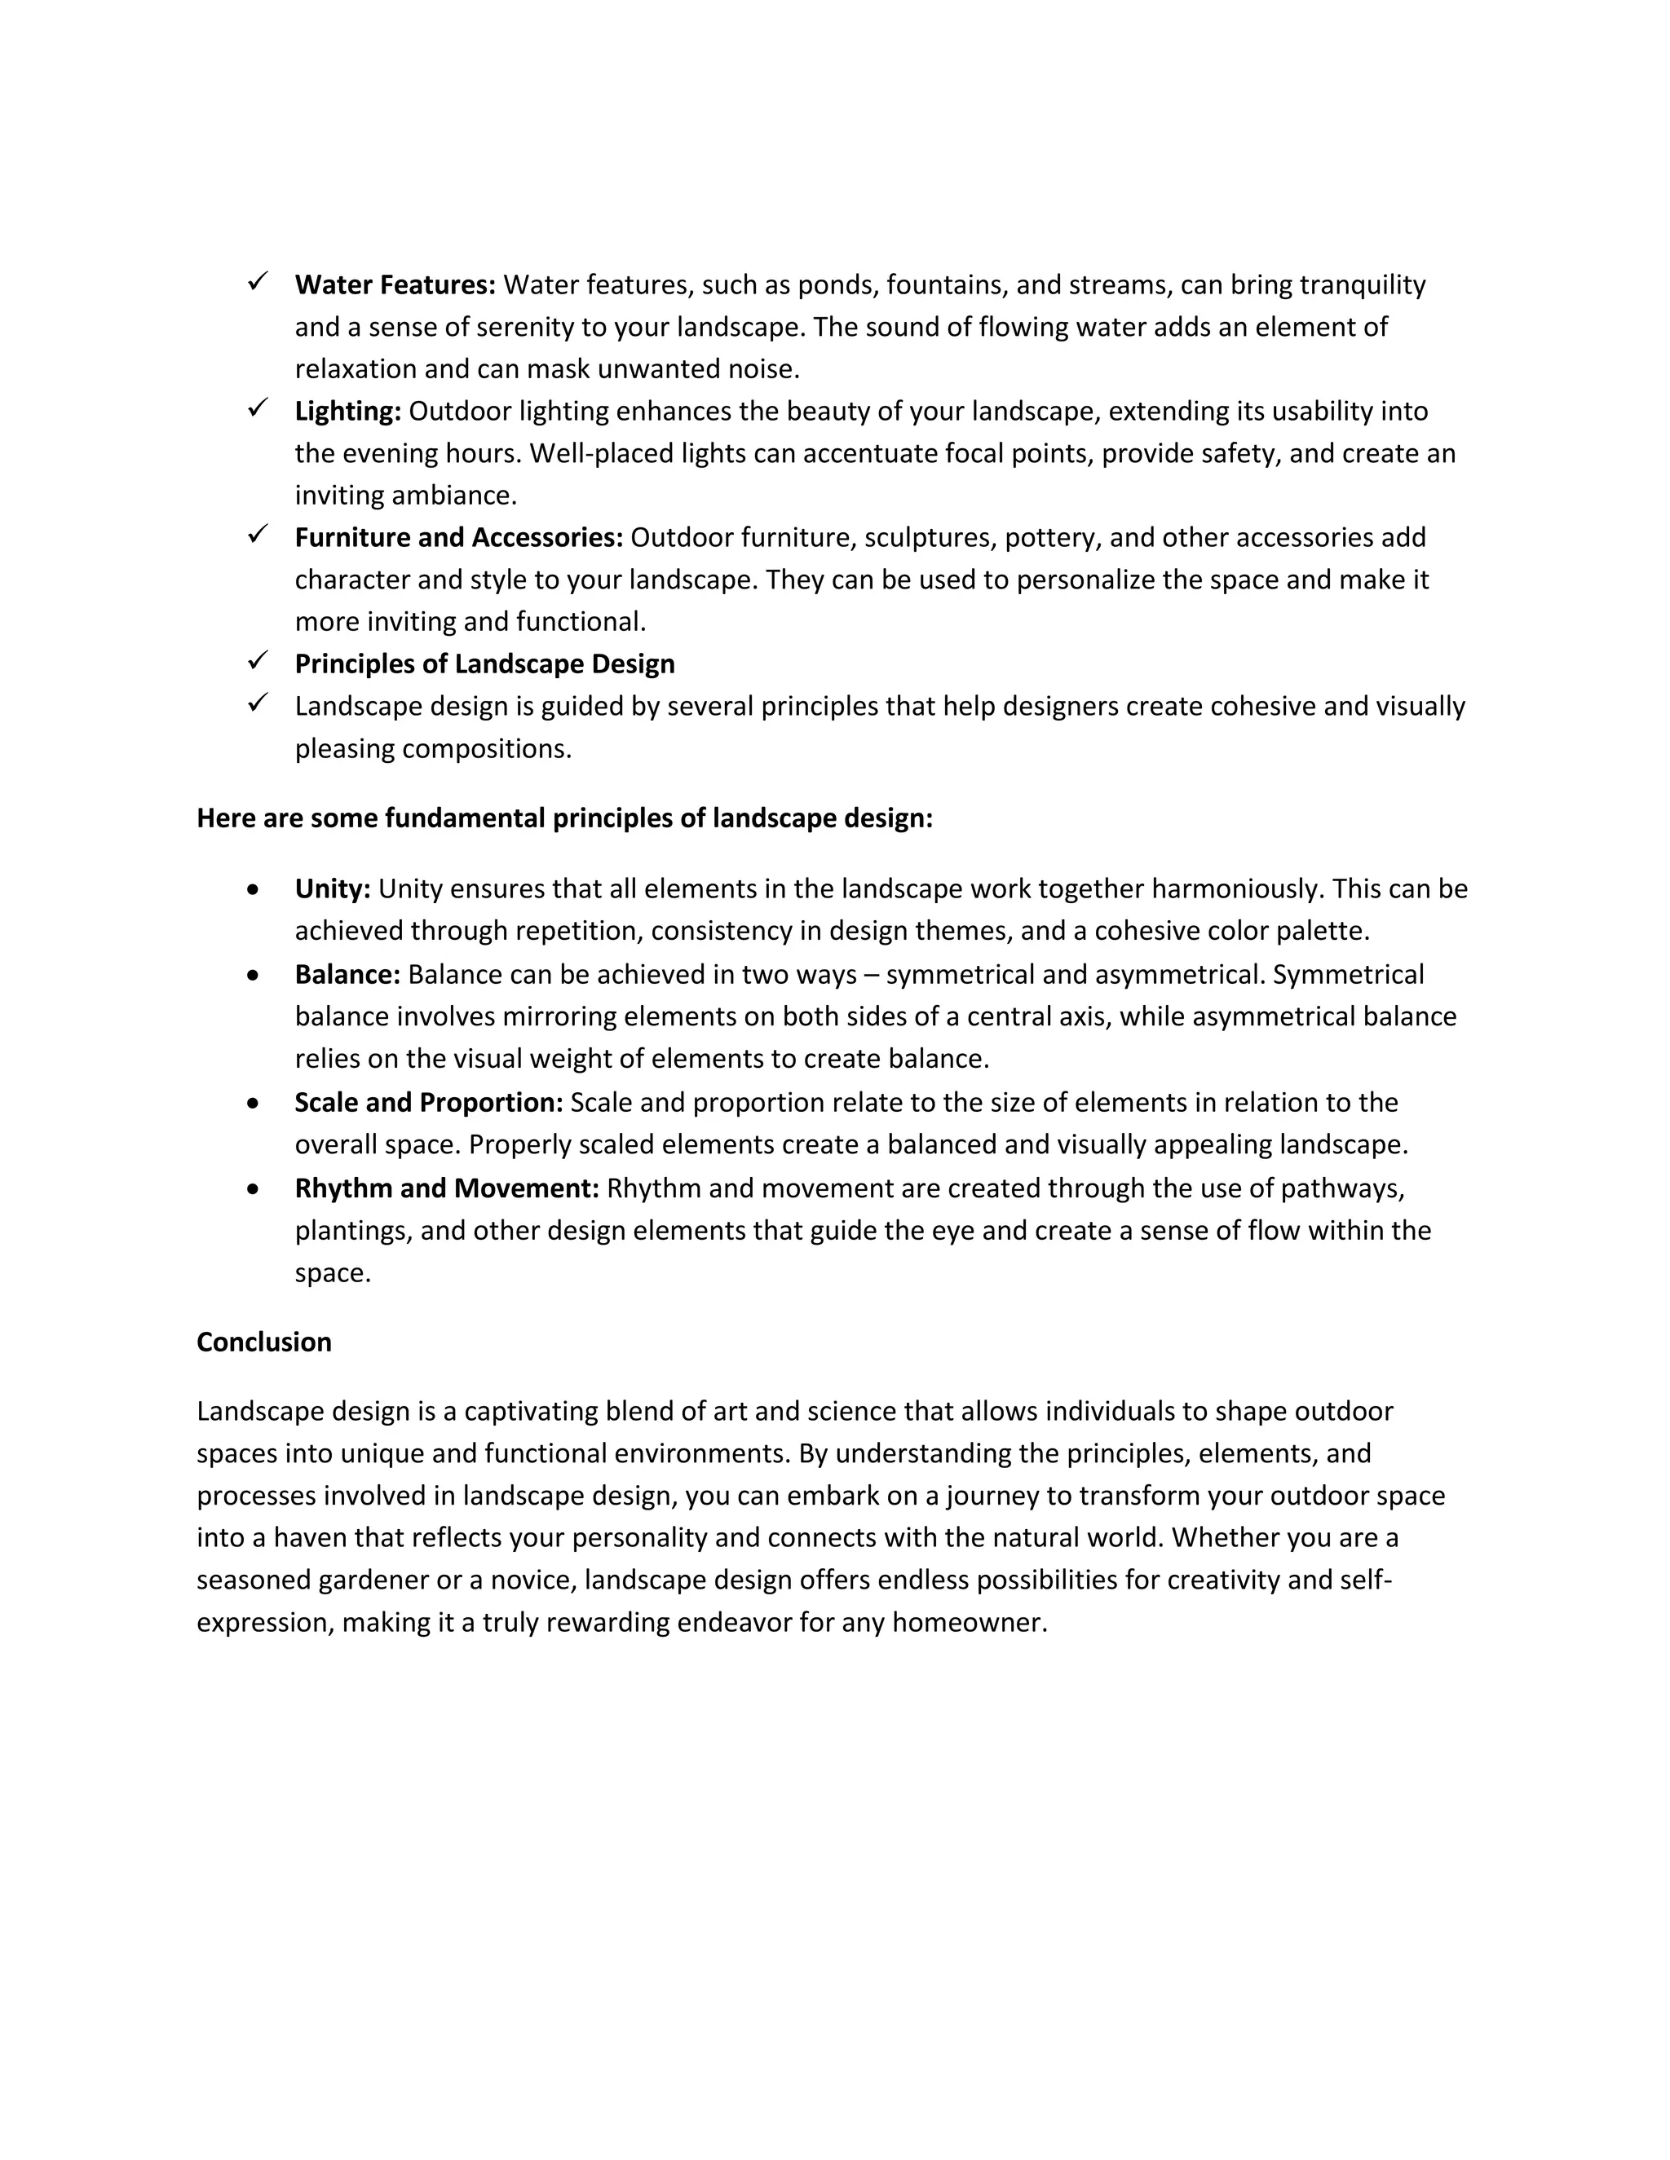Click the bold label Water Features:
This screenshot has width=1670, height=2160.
pyautogui.click(x=395, y=284)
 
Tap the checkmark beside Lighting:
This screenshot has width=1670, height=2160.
pyautogui.click(x=259, y=408)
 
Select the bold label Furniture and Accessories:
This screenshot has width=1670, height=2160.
pyautogui.click(x=458, y=537)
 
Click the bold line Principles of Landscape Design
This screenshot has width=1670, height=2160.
pyautogui.click(x=485, y=663)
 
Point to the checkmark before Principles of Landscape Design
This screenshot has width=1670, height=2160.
pyautogui.click(x=259, y=659)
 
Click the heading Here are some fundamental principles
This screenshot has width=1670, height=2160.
pyautogui.click(x=564, y=818)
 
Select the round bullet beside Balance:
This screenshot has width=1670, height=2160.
pyautogui.click(x=254, y=975)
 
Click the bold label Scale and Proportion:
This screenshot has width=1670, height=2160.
pyautogui.click(x=428, y=1102)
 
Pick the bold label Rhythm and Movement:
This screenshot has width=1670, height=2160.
pyautogui.click(x=446, y=1188)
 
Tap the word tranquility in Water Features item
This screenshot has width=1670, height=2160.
pyautogui.click(x=1363, y=284)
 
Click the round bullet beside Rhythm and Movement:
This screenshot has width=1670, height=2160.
pyautogui.click(x=254, y=1188)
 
